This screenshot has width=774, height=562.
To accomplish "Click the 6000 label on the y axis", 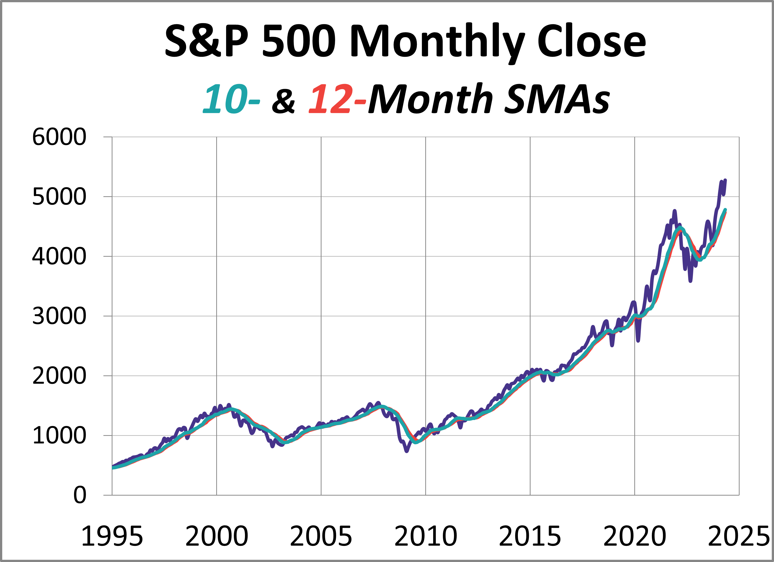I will pos(59,137).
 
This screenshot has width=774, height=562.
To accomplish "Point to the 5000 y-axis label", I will pos(59,197).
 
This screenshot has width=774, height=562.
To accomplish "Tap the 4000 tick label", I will pos(59,257).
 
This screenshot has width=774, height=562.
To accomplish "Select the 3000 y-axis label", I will pos(59,316).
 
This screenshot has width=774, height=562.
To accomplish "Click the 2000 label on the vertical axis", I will pos(59,376).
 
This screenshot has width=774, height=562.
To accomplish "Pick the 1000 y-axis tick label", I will pos(59,436).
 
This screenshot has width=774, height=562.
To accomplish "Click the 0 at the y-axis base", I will pos(80,495).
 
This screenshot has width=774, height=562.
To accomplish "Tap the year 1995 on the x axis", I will pos(112,537).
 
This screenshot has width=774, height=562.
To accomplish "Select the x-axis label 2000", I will pos(216,537).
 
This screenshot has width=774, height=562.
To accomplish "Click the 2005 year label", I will pos(321,537).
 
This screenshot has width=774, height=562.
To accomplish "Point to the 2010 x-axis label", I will pos(426,537).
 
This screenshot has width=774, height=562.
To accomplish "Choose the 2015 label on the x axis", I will pos(530,537).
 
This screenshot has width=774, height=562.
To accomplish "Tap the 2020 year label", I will pos(634,537).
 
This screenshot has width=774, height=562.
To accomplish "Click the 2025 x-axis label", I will pos(738,537).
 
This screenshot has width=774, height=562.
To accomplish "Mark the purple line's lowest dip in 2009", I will pos(407,451).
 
